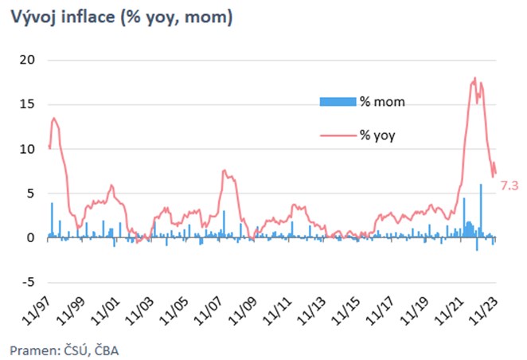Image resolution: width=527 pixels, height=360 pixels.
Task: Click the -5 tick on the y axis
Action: (x=25, y=282)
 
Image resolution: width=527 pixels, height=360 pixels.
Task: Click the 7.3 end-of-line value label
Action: (x=509, y=186)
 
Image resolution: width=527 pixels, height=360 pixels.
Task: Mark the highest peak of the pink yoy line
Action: (x=474, y=78)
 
